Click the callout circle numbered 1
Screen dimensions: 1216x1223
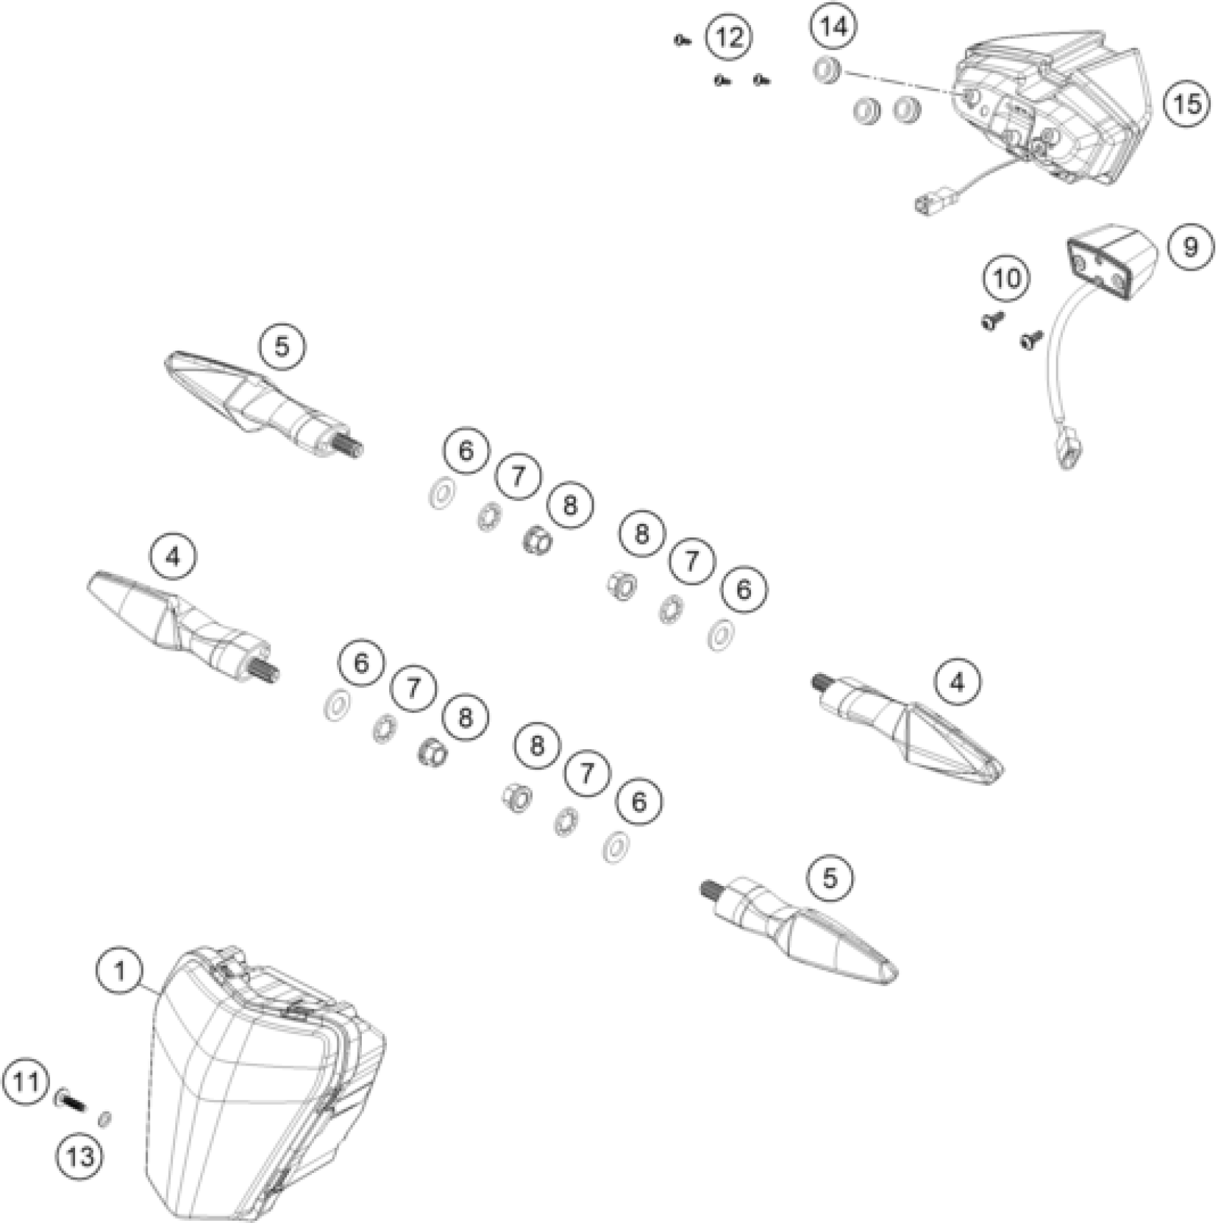tap(120, 971)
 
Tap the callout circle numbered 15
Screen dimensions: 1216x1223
tap(1187, 104)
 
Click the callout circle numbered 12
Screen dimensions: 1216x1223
tap(729, 36)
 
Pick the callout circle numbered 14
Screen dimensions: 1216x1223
tap(834, 27)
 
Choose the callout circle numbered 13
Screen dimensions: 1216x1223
tap(79, 1155)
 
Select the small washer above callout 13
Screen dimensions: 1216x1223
tap(104, 1118)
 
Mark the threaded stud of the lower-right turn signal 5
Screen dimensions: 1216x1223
tap(710, 891)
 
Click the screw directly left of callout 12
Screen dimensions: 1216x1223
tap(680, 42)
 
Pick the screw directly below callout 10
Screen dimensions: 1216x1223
tap(992, 320)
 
